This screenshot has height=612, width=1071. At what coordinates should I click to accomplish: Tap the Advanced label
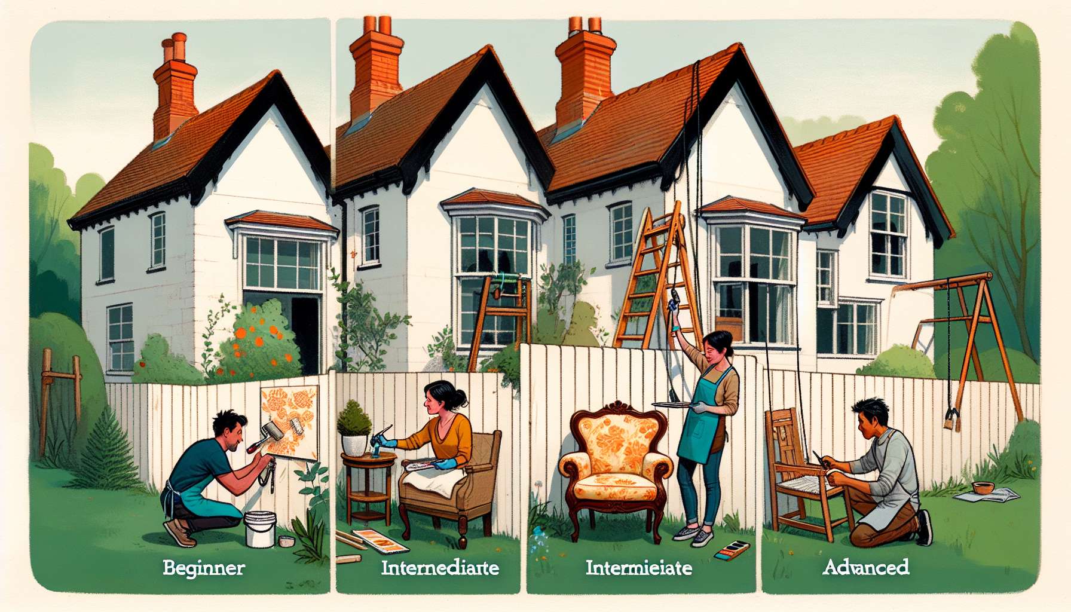(865, 567)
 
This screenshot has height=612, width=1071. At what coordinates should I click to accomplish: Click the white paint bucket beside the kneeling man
(259, 529)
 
